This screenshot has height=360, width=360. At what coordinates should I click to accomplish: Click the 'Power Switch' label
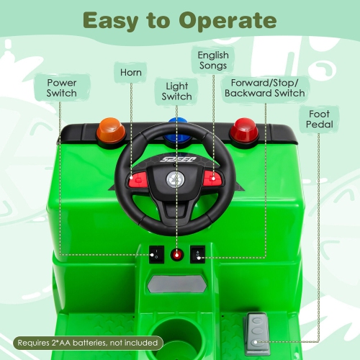click(x=61, y=89)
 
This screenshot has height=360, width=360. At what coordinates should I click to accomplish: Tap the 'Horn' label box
click(x=132, y=73)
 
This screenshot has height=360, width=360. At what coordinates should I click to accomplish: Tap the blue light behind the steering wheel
click(x=174, y=123)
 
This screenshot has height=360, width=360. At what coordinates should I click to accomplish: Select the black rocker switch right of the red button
click(x=197, y=253)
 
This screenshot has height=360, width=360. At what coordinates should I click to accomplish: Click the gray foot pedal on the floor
click(x=257, y=333)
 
